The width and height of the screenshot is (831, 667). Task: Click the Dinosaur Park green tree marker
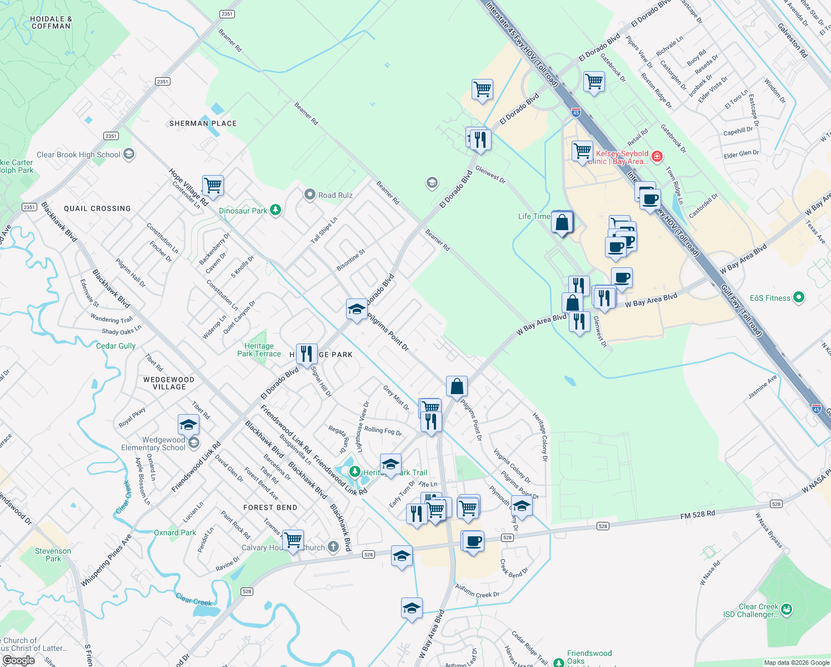click(x=275, y=210)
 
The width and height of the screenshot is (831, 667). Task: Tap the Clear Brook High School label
click(x=78, y=155)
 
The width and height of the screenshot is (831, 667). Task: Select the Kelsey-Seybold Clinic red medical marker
click(x=657, y=156)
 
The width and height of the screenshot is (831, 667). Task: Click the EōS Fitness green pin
click(x=799, y=297)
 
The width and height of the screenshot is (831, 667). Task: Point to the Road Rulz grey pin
click(x=309, y=195)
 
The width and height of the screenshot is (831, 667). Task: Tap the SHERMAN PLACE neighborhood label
click(x=203, y=123)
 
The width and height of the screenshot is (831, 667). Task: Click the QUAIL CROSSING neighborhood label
click(x=97, y=208)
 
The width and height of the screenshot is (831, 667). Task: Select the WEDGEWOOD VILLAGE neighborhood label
click(x=169, y=384)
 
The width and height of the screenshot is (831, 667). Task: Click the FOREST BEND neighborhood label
click(x=271, y=507)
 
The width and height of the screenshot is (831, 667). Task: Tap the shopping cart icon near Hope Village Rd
click(x=213, y=185)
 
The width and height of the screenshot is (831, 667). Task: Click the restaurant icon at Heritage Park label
click(x=307, y=354)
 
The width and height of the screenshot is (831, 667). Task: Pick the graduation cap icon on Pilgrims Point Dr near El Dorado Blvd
click(x=356, y=309)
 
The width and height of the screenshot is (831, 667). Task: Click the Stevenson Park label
click(x=53, y=555)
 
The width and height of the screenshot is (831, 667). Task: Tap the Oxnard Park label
click(x=175, y=532)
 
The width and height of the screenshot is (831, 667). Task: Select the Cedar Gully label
click(x=116, y=346)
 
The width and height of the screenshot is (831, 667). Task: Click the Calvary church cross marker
click(x=333, y=547)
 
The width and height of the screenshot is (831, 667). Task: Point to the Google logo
click(x=18, y=660)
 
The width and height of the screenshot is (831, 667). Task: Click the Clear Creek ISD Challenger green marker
click(x=786, y=610)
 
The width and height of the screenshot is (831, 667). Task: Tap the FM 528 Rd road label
click(x=698, y=515)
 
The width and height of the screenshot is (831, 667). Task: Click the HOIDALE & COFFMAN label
click(x=51, y=22)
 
